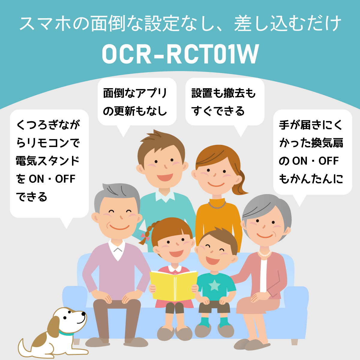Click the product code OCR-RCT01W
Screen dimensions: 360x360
pos(180,54)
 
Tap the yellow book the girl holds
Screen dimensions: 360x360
pos(173,285)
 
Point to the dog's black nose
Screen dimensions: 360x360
pos(84,314)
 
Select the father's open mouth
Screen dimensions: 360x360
pos(164,177)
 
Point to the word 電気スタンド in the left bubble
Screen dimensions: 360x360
pos(48,161)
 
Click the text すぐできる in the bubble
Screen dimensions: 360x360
pos(218,111)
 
